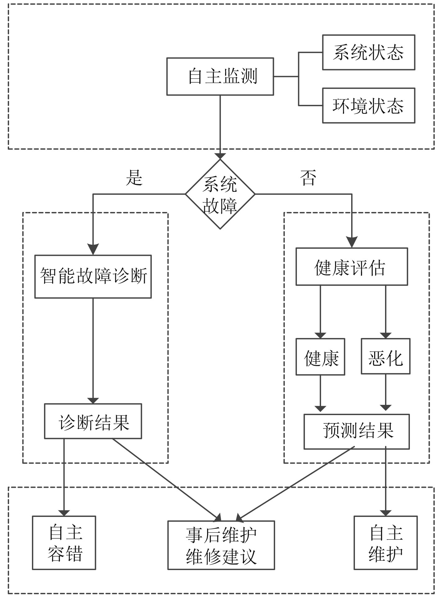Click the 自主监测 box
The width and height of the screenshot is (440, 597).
coord(220,76)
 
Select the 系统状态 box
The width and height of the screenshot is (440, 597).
coord(369,52)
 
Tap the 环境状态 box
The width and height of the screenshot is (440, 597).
coord(369,106)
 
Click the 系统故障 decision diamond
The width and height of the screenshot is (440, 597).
coord(220,194)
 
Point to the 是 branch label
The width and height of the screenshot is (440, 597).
coord(134,178)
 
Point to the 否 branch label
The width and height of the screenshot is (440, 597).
coord(308,178)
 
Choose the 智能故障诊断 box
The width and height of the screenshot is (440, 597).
coord(93,277)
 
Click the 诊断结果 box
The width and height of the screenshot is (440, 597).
coord(93,421)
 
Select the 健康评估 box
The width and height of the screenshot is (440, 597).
coord(352,267)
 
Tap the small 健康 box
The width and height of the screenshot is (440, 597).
coord(320,357)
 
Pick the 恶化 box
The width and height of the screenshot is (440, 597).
coord(385,357)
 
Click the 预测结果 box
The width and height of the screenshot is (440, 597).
coord(356,432)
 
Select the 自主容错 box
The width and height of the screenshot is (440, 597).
coord(64,543)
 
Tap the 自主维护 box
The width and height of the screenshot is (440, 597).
coord(385,543)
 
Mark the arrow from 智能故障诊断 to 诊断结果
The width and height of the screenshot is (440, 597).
coord(93,351)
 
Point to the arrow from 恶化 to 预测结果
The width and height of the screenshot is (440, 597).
coord(386,393)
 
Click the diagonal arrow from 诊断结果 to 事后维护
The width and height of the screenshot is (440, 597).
coord(166,480)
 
